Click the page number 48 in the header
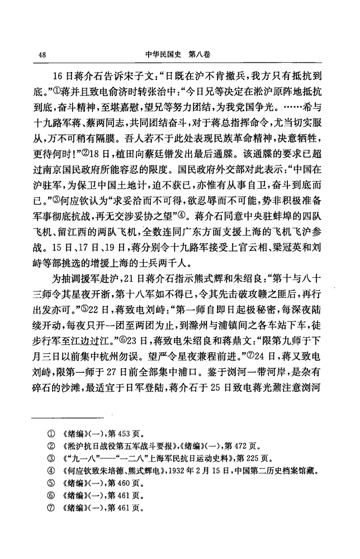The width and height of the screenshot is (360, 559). click(42, 55)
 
